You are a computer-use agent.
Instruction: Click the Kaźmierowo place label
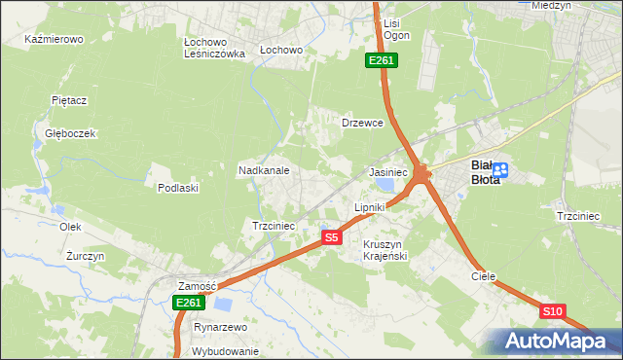coord(55,40)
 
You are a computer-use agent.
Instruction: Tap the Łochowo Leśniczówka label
coord(215,49)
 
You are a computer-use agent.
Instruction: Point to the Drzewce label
coord(363,124)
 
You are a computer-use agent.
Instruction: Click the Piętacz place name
coord(70,100)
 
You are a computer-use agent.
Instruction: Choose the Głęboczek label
coord(69,133)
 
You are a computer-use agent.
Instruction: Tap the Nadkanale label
coord(264,170)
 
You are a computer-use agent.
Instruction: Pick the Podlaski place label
coord(178,188)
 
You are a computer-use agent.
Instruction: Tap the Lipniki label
coord(370,207)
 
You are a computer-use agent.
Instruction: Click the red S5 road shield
coord(332,237)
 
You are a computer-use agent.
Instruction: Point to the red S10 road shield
coord(553,311)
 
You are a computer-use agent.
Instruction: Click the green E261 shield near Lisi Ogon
coord(381,61)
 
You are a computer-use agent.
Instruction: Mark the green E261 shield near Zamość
coord(189,304)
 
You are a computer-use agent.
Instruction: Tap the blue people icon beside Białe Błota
coord(499,172)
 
